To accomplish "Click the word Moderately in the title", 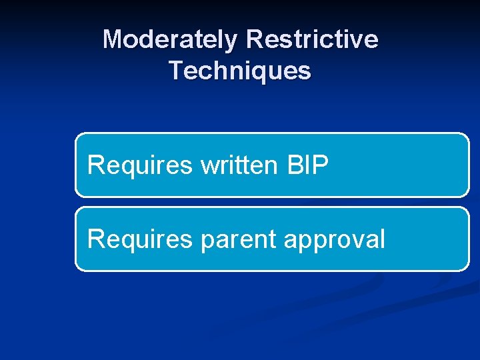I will coord(170,40).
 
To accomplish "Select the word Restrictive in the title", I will coord(312,40).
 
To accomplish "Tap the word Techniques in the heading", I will coord(240,71).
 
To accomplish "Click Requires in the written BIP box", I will coord(139,165).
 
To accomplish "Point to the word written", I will coord(238,165).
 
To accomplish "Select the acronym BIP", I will coord(307,165).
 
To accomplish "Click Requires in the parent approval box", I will coord(139,239).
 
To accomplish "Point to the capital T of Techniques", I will coord(176,71).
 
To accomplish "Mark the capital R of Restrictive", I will coord(254,40).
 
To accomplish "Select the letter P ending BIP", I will coord(321,165).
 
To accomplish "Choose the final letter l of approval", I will coord(382,239).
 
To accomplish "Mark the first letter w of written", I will coord(207,167).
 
